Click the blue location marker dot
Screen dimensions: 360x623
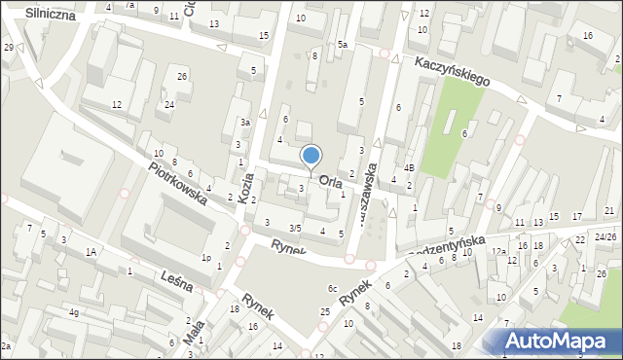[311, 155]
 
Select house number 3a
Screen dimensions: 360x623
[246, 123]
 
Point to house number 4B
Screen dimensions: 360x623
[410, 167]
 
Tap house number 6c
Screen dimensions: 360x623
[332, 288]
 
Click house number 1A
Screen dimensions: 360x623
[92, 251]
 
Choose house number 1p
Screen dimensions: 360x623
[206, 258]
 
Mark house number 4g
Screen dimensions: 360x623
[74, 312]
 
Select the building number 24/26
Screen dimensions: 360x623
[606, 236]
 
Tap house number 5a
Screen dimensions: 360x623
[343, 45]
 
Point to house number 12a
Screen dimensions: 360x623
[498, 251]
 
